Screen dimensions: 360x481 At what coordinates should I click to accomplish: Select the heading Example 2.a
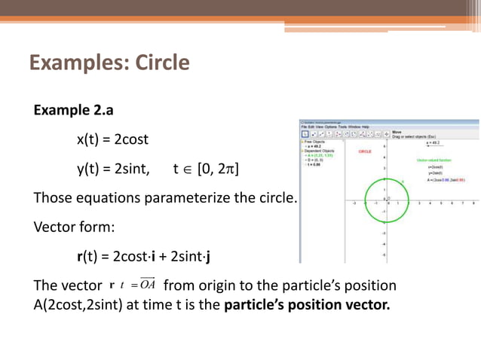pos(73,111)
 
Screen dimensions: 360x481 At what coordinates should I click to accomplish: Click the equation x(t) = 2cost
pos(112,139)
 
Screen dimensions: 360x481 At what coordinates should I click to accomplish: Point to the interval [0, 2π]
pos(218,169)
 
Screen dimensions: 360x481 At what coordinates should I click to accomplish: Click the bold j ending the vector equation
pos(207,256)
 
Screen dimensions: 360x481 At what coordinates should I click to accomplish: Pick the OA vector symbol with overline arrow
pos(146,285)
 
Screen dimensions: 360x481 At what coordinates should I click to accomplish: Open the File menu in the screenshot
pos(303,127)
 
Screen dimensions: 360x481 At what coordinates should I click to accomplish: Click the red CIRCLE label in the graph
pos(365,151)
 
